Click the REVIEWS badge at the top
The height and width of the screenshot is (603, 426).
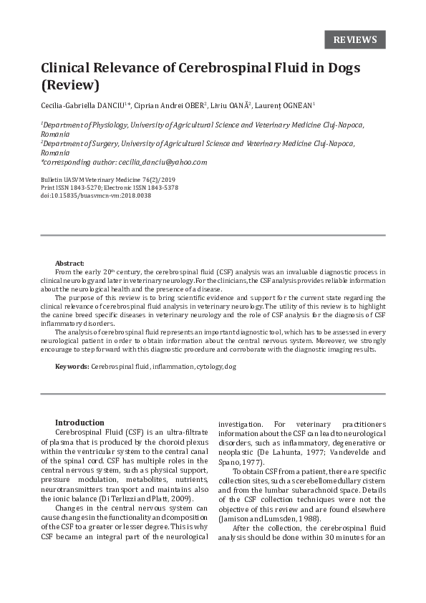click(x=355, y=39)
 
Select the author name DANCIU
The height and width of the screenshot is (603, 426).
click(x=107, y=105)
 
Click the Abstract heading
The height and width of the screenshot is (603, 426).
click(x=69, y=264)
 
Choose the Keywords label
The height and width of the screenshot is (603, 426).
click(x=72, y=367)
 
